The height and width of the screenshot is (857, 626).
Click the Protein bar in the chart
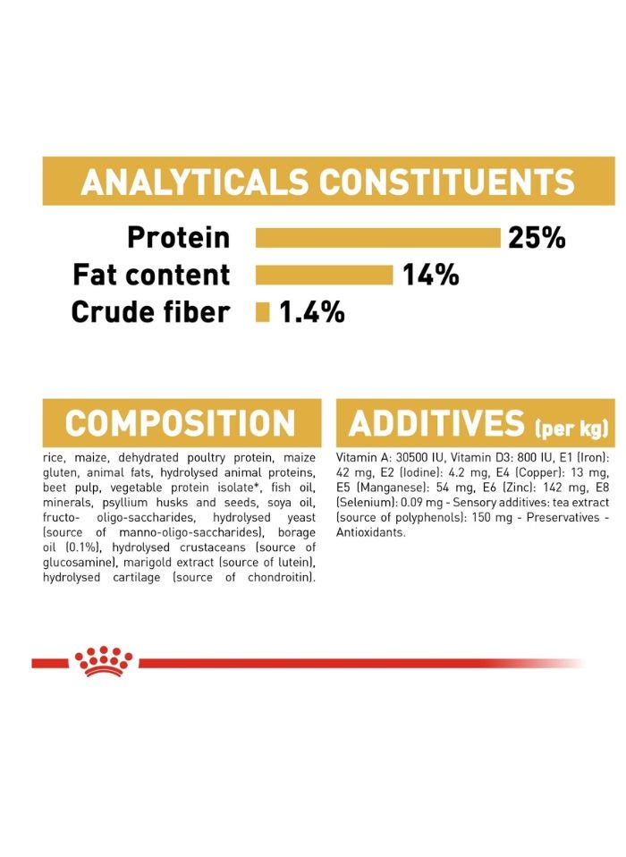[378, 238]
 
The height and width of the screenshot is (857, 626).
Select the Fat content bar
[325, 275]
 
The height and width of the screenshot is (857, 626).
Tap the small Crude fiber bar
[263, 312]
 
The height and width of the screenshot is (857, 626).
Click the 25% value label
[537, 238]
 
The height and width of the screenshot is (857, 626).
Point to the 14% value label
[431, 275]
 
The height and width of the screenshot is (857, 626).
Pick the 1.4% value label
[312, 312]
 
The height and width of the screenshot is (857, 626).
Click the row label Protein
[179, 238]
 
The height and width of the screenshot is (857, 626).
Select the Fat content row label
[151, 275]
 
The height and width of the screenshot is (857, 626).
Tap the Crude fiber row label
[150, 312]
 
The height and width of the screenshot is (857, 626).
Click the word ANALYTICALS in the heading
[194, 182]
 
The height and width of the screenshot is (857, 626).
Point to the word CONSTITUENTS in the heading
[447, 182]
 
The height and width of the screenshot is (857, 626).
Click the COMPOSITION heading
[181, 424]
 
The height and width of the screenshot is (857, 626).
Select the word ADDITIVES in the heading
[436, 424]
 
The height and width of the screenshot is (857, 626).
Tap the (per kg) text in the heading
[571, 428]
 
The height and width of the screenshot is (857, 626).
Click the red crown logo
[103, 661]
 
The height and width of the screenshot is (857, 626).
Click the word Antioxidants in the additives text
[371, 532]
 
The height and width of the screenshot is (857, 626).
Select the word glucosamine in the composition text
[80, 563]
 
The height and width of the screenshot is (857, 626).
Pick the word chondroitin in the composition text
[282, 577]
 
